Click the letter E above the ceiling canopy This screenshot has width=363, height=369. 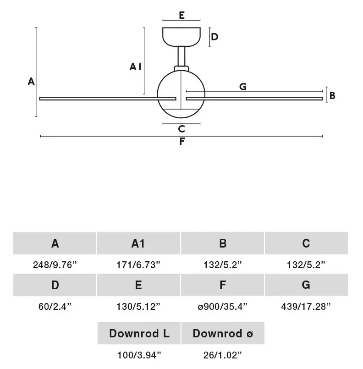click(181, 15)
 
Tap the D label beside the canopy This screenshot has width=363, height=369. click(214, 37)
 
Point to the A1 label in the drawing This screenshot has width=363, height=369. click(135, 67)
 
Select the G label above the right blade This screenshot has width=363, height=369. click(243, 87)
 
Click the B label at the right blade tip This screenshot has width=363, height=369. click(332, 95)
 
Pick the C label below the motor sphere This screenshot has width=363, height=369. click(181, 129)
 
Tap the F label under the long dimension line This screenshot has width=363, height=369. click(182, 142)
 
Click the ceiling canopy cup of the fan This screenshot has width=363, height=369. click(181, 37)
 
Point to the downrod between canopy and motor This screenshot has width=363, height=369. click(181, 56)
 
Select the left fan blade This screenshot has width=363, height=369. click(108, 99)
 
